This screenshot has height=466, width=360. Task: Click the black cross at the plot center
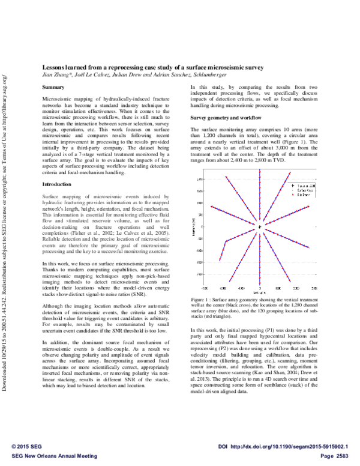point(259,226)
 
